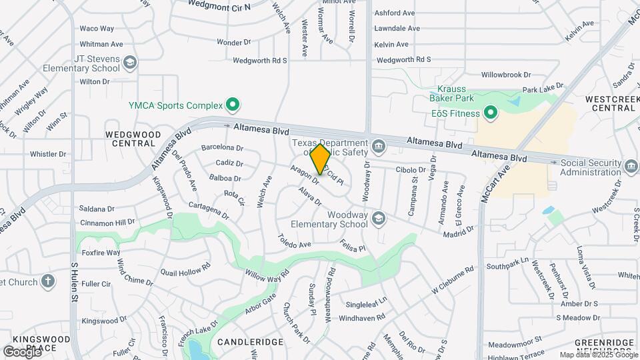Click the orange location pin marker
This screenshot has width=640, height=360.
coord(321,159)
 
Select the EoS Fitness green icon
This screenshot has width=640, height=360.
coord(491,113)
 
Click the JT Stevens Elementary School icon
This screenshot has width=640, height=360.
coord(131,63)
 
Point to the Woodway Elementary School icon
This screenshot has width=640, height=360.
coord(378,219)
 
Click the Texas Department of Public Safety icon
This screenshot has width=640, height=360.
coord(378,145)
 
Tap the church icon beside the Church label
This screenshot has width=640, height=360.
coord(47,281)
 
